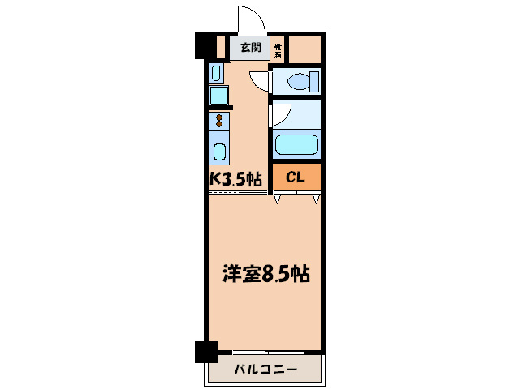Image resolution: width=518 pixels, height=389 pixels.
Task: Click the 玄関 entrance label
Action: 249,48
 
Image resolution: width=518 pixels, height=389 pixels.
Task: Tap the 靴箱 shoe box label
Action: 278,50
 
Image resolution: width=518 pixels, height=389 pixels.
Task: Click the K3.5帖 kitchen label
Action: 236,178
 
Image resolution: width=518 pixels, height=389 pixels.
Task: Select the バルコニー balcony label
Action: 265,370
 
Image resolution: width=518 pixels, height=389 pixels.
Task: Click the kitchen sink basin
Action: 219,152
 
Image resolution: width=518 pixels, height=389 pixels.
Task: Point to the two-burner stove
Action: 219,122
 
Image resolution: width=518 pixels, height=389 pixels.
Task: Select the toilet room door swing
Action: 261,80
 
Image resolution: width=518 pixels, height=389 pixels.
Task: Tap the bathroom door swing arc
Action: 280,113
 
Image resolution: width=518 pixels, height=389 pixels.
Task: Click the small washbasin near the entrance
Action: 216,74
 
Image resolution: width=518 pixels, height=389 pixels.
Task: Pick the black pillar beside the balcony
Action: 206,352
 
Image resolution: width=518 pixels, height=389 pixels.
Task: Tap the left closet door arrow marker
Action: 278,199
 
